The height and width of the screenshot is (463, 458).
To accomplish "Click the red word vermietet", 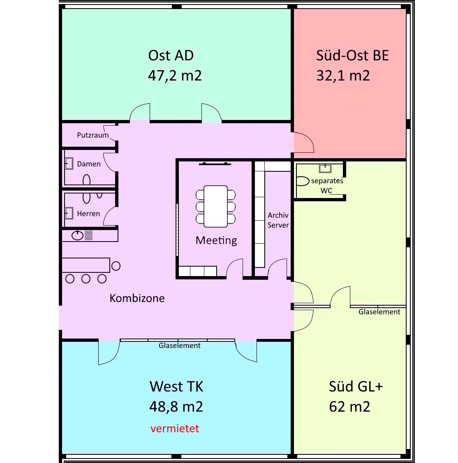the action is click(x=175, y=428).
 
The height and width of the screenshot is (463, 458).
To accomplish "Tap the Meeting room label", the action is click(x=216, y=240).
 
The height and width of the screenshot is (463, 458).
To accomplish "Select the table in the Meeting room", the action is click(x=216, y=206).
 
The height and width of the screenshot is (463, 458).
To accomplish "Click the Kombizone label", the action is click(x=137, y=298).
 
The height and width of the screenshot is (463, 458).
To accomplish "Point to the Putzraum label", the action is click(x=93, y=135).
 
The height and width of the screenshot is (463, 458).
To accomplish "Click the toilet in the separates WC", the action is click(x=302, y=181).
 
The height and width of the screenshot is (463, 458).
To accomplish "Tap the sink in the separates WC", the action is click(x=325, y=168).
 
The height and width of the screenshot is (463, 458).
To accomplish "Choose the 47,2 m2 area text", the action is click(x=175, y=76).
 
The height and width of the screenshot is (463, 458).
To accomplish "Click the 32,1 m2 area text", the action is click(x=343, y=76).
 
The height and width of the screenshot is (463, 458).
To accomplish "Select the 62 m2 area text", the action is click(x=349, y=407).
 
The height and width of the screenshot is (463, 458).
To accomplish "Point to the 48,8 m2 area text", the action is click(x=176, y=407).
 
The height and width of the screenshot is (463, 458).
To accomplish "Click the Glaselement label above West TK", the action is click(x=180, y=346).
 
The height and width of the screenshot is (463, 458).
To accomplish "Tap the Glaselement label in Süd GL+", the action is click(x=379, y=312).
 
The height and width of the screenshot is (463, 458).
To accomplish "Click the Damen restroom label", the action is click(x=89, y=164).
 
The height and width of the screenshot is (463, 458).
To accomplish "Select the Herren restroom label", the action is click(x=88, y=214).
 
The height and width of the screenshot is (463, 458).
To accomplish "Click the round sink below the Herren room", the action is click(x=77, y=235).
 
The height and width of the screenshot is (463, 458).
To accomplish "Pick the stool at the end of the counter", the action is click(x=116, y=266).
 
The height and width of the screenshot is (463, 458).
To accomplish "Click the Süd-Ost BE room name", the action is click(x=352, y=55).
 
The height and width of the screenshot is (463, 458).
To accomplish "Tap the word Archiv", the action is click(x=278, y=215).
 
